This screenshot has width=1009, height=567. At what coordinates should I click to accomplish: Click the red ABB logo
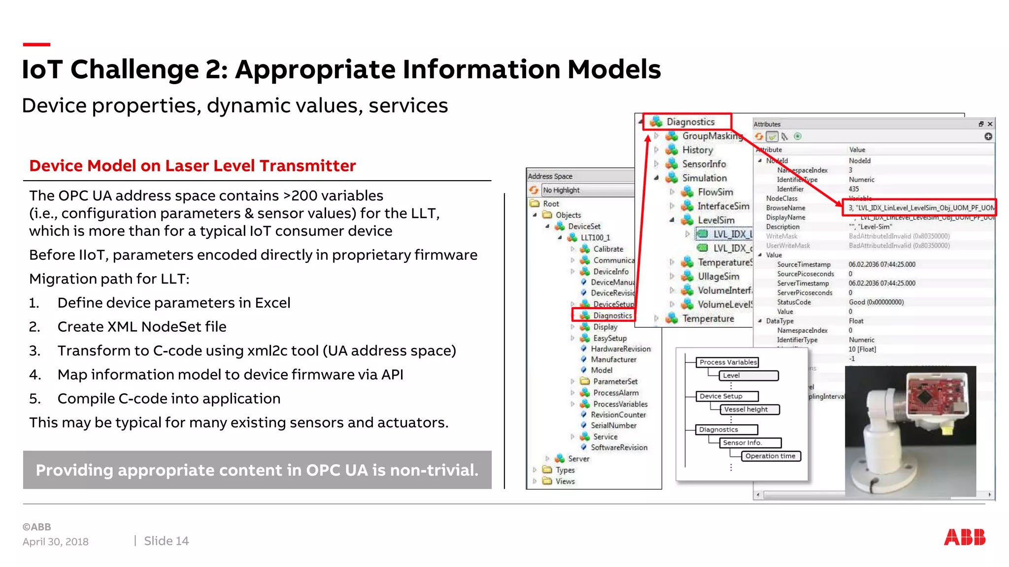click(x=964, y=537)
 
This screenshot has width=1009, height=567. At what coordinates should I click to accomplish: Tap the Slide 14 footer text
click(x=166, y=541)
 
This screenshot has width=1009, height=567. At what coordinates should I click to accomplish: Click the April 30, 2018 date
click(x=55, y=541)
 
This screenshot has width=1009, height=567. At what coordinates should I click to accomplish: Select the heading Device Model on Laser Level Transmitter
click(x=192, y=166)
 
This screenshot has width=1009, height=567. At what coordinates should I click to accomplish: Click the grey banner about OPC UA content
click(x=257, y=470)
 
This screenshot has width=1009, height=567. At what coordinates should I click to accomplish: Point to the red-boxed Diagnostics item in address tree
click(x=612, y=315)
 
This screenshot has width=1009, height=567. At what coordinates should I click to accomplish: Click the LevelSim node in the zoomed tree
click(x=716, y=220)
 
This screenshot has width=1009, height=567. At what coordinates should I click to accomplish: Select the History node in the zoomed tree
click(x=697, y=150)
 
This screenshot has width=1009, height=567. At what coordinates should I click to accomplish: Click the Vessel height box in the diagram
click(x=746, y=409)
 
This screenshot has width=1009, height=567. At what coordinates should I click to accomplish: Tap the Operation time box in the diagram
click(x=770, y=456)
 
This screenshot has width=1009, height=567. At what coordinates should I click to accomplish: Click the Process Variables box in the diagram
click(x=728, y=362)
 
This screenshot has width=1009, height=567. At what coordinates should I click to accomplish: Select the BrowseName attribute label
click(x=785, y=208)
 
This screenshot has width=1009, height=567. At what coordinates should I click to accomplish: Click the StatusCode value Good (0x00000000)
click(x=876, y=302)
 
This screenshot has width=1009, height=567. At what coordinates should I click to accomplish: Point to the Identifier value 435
click(x=853, y=189)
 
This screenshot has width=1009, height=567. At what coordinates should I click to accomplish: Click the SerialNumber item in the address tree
click(x=613, y=425)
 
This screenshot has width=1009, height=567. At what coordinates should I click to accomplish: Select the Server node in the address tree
click(x=578, y=459)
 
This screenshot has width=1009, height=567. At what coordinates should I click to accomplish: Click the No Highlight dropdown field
click(x=586, y=190)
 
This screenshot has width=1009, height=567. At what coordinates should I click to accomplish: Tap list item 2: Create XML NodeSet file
click(x=142, y=327)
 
